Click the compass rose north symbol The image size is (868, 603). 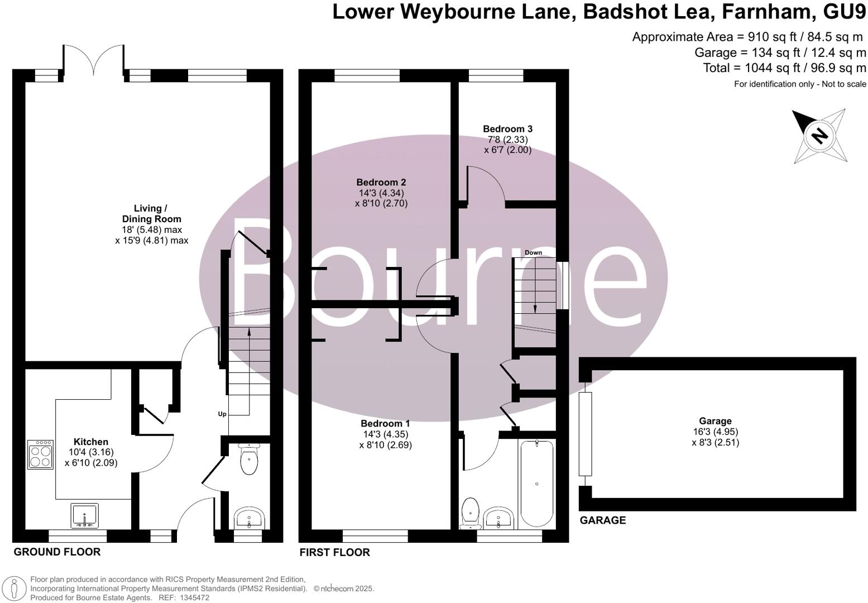click(819, 136)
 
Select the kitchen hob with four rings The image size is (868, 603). click(40, 454)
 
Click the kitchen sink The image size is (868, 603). click(84, 515)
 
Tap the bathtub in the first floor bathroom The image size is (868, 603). click(536, 484)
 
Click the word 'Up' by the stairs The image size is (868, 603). click(222, 414)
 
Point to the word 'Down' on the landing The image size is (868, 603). click(533, 253)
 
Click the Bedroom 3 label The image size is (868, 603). click(507, 129)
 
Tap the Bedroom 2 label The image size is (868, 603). click(381, 182)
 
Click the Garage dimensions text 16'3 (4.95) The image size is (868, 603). click(715, 432)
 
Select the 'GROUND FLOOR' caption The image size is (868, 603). click(57, 552)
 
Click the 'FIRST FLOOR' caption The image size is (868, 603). click(334, 553)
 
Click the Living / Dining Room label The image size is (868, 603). click(151, 214)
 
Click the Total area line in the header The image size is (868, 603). click(784, 68)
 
